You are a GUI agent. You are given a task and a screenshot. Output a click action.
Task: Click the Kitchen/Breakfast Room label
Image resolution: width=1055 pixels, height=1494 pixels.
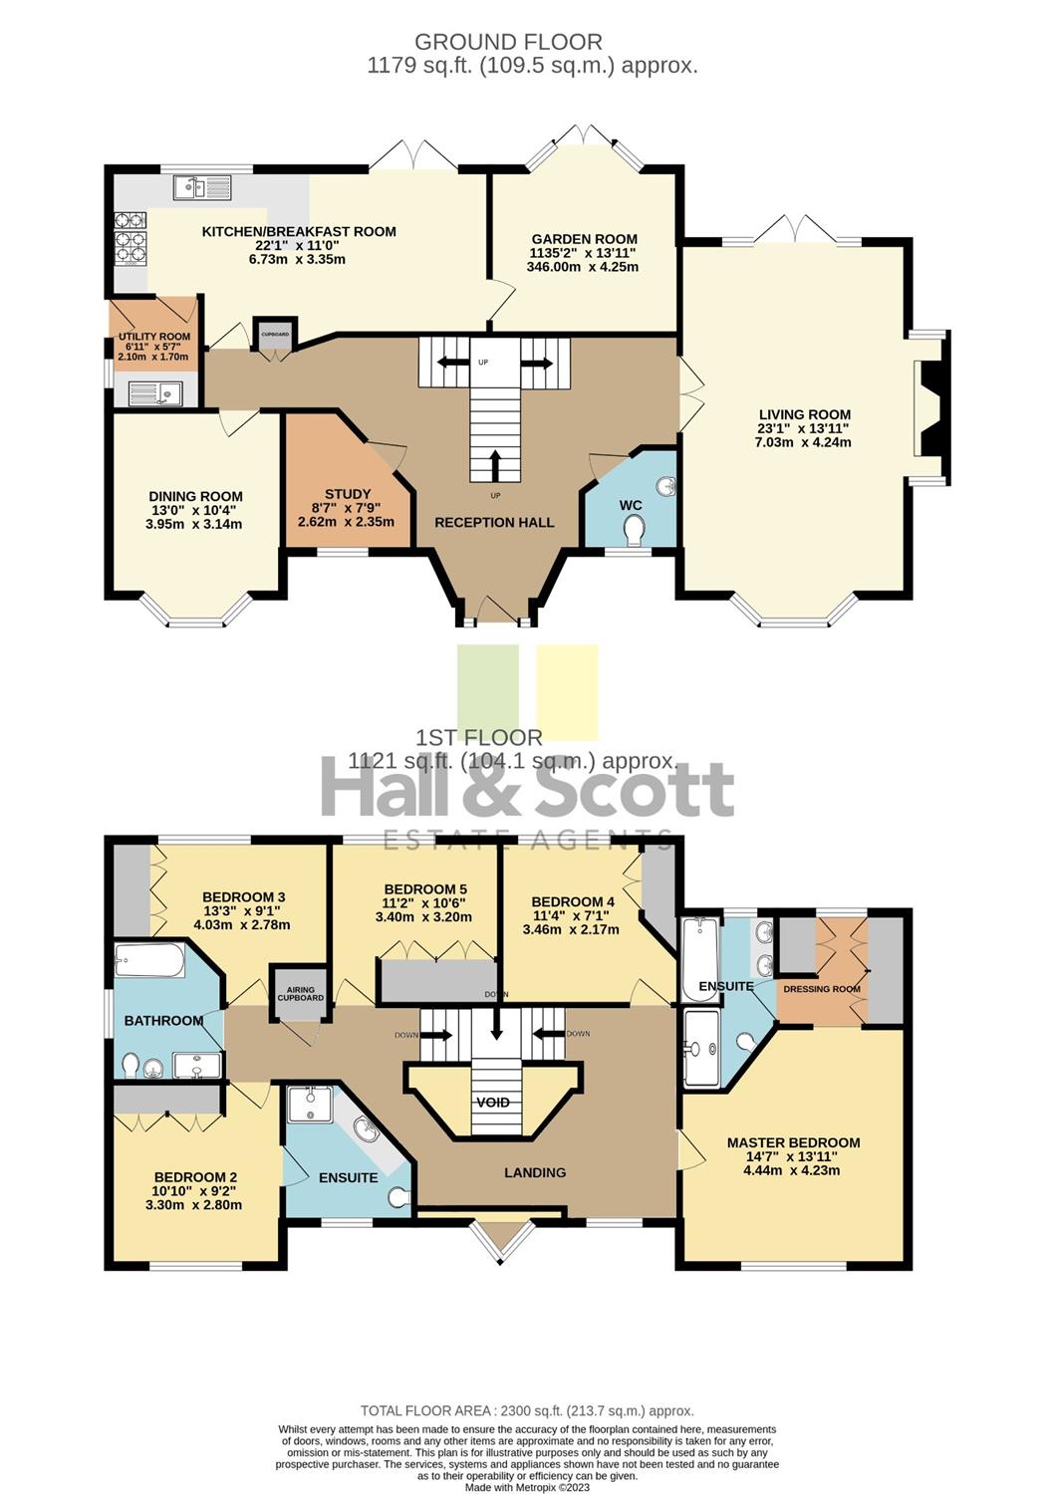pos(299,231)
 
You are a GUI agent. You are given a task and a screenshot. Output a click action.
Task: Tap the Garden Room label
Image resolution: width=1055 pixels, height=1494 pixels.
pos(584,239)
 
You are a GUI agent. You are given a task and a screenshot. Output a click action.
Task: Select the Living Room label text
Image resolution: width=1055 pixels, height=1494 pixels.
pos(804,414)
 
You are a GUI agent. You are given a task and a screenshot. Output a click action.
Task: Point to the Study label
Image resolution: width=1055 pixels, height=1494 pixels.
pos(347,494)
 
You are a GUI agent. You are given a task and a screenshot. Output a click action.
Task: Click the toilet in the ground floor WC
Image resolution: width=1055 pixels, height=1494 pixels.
pos(634,531)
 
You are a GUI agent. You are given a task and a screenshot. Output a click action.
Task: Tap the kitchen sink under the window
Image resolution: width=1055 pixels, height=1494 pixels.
pos(202,187)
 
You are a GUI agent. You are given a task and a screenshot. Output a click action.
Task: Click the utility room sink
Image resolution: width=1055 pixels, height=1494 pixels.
pos(154,393)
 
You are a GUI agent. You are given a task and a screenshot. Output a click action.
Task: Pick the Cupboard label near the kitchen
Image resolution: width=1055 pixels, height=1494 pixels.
pos(275,334)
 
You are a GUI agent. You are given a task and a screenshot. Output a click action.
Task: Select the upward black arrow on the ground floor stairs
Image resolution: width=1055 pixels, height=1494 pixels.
pos(494,465)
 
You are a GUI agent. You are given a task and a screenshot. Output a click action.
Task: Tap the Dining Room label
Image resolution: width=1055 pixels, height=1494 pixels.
pos(195,496)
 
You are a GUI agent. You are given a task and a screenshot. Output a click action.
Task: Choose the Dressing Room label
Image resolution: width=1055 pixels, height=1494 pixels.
pos(822,988)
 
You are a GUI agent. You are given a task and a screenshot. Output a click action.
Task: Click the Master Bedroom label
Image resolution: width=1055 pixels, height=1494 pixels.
pos(793,1142)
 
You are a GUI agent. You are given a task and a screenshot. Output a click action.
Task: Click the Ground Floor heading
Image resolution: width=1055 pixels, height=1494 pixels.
pos(508,42)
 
